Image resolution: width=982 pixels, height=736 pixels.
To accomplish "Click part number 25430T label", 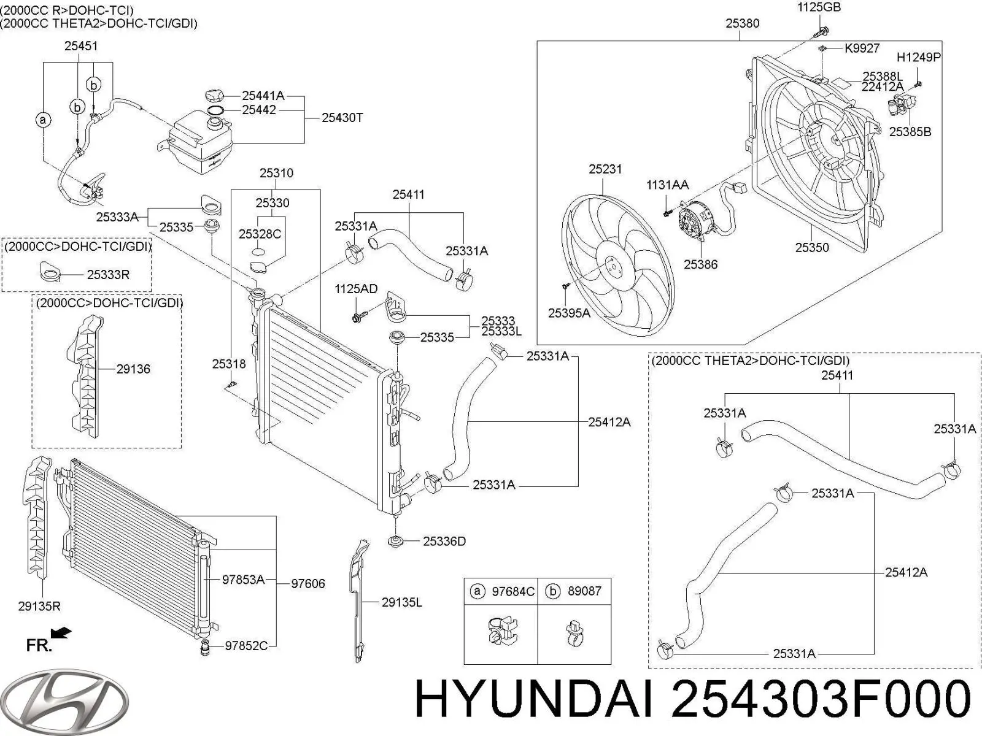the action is tap(342, 118).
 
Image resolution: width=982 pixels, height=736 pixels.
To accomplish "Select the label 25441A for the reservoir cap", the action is tap(263, 95).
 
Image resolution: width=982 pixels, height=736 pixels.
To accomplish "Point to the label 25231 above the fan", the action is tap(605, 169).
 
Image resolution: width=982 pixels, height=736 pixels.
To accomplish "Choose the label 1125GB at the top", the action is tap(819, 7).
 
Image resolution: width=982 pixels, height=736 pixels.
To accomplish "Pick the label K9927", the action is tap(862, 48).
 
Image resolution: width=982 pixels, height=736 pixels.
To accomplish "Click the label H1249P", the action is tap(919, 57).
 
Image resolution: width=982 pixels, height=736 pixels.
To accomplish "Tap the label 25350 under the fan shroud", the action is tap(812, 247).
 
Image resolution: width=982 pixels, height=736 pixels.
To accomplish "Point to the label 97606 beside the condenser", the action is tap(308, 583).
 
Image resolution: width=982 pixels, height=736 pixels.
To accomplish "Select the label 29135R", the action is tap(39, 607).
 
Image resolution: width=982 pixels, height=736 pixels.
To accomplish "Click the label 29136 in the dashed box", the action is tap(133, 369).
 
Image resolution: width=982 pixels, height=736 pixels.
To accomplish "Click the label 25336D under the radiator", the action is tap(444, 541).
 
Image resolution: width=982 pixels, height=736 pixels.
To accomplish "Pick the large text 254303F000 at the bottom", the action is tap(821, 699).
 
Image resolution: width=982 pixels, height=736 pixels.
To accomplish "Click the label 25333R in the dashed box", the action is tap(108, 274).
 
